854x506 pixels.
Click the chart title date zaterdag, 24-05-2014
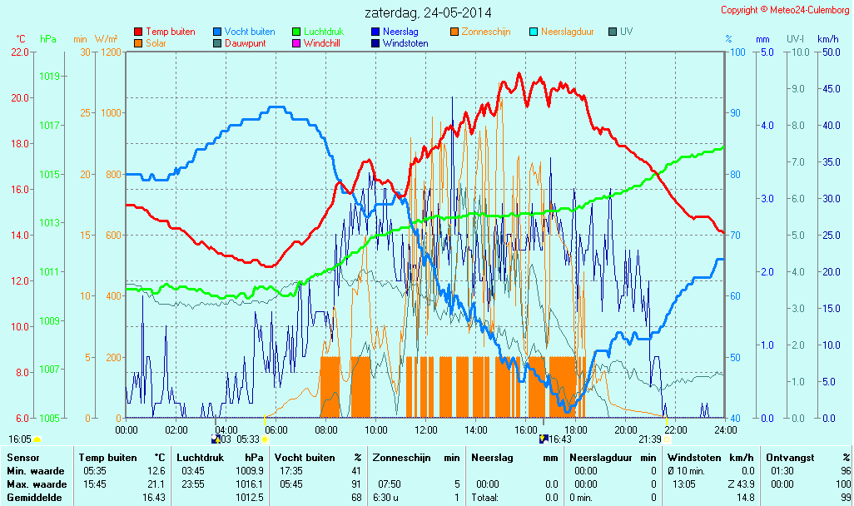coord(428,13)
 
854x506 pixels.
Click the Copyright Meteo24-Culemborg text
coord(786,10)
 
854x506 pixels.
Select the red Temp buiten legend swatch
coord(138,32)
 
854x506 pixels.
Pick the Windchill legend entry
coord(320,43)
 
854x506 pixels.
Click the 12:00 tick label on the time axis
coord(426,429)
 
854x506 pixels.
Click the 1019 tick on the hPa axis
coord(50,76)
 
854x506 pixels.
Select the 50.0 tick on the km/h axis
coord(829,52)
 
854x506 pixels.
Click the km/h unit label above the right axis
coord(827,39)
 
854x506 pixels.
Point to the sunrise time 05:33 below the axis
coord(249,439)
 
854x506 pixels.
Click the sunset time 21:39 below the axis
coord(650,439)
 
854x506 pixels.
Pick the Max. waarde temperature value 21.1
coord(156,484)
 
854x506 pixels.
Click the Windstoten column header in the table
coord(694,458)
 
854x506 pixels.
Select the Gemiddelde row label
coord(32,498)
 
